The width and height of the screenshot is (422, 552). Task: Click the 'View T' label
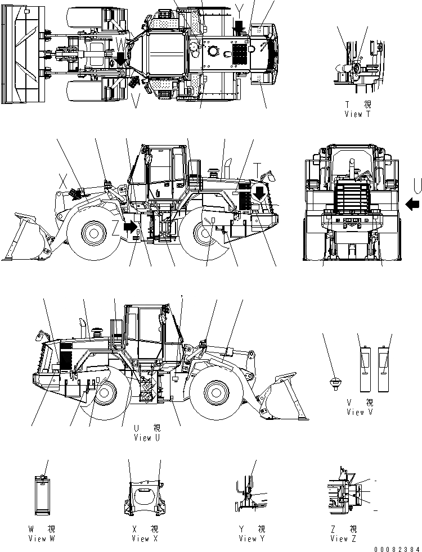click(x=358, y=114)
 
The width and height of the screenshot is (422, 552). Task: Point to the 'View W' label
click(x=42, y=538)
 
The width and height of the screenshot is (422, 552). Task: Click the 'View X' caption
click(x=145, y=538)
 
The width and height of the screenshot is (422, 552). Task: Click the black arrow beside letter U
click(x=412, y=203)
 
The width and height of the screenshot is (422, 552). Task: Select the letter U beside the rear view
click(x=415, y=184)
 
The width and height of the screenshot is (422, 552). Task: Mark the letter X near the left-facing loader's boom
click(x=63, y=183)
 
